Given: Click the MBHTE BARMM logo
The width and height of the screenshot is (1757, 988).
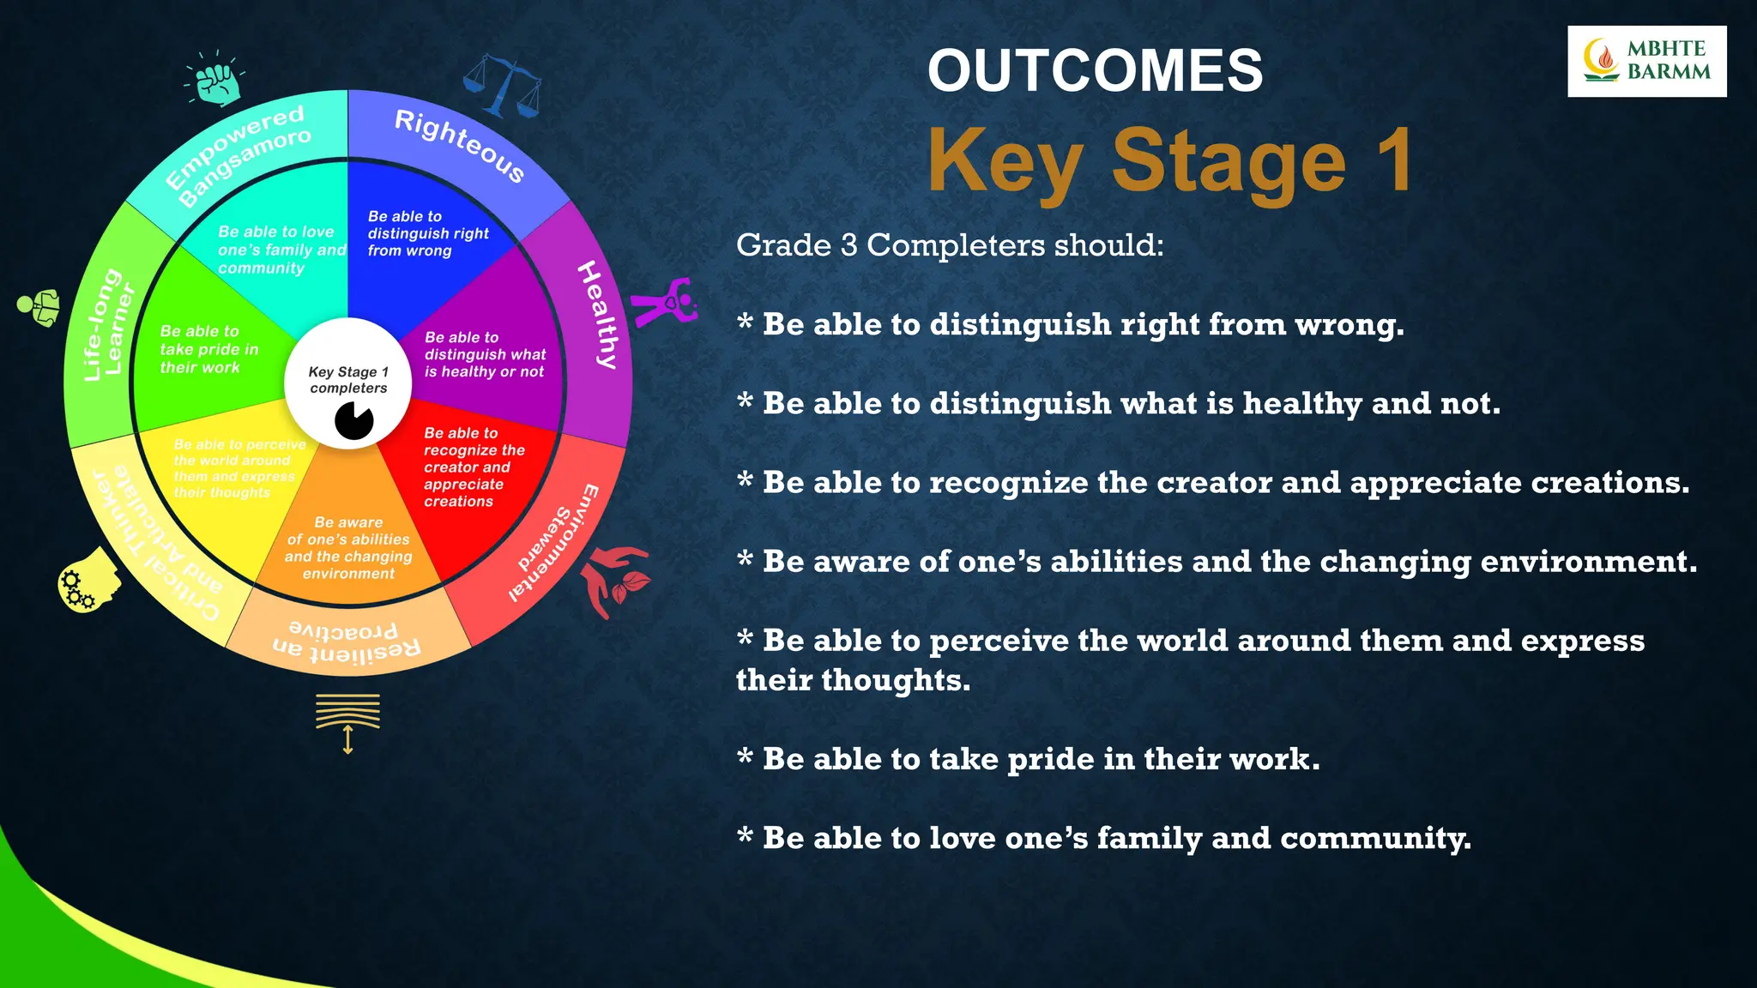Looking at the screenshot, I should tap(1645, 61).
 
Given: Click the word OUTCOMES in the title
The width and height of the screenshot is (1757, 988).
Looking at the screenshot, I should tap(1095, 70).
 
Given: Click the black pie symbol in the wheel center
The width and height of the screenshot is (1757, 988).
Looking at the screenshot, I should tap(353, 420).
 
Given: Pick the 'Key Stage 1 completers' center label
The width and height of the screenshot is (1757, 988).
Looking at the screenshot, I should tap(348, 379).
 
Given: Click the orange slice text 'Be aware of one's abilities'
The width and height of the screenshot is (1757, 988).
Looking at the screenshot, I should tap(348, 547).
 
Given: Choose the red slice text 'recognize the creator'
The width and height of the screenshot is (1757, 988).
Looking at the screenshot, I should tap(473, 467).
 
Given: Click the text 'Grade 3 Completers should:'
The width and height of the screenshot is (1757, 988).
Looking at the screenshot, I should tap(950, 245).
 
